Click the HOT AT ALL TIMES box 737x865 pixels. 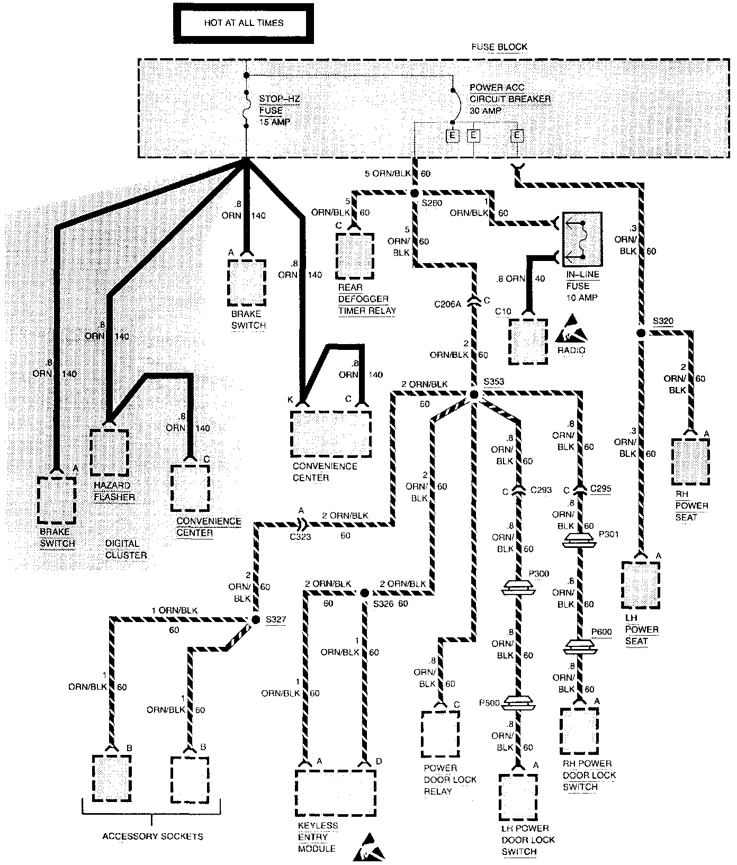[244, 23]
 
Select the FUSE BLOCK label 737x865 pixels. [499, 47]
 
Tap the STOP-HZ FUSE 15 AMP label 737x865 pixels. [275, 111]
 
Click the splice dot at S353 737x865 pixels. [474, 395]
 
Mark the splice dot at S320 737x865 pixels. [641, 334]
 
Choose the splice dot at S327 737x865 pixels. [255, 619]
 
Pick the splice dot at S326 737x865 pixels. [364, 593]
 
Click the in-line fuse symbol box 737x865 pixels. [582, 240]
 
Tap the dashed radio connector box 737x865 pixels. [528, 341]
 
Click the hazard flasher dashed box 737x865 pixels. [110, 453]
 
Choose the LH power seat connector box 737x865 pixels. [641, 584]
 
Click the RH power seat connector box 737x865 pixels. [690, 461]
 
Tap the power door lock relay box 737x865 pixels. [441, 734]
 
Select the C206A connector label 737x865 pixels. [448, 305]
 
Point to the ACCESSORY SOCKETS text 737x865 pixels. [152, 836]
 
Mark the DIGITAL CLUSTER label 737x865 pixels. [126, 549]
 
